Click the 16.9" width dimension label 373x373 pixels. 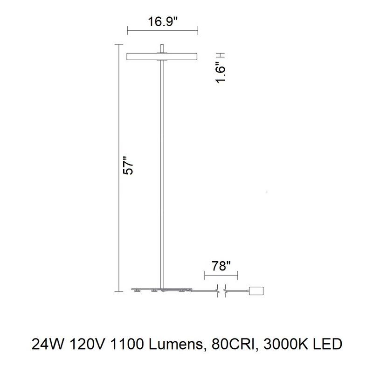[163, 22]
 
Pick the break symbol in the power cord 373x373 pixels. [221, 290]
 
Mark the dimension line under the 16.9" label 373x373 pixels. [163, 32]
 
